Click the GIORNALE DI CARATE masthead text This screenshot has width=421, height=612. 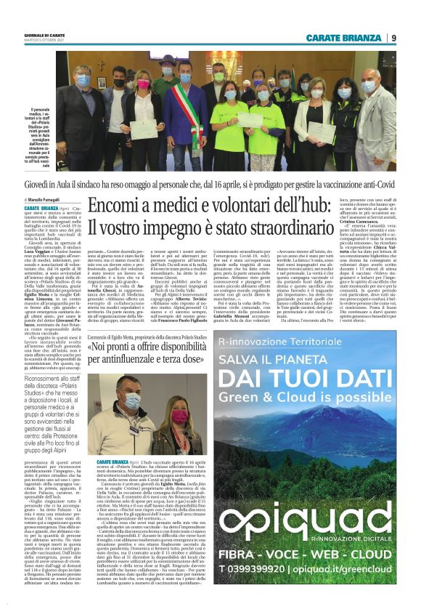click(x=47, y=35)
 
